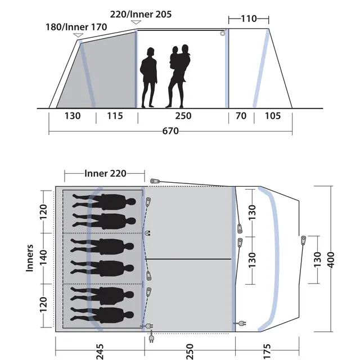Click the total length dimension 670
pyautogui.click(x=170, y=131)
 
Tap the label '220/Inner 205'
pyautogui.click(x=141, y=14)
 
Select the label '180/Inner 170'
pyautogui.click(x=76, y=27)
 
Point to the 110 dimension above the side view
pyautogui.click(x=249, y=19)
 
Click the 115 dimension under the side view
pyautogui.click(x=115, y=116)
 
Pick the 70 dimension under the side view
pyautogui.click(x=241, y=116)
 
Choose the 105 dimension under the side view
pyautogui.click(x=273, y=116)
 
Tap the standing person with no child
pyautogui.click(x=148, y=78)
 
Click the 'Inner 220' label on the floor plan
pyautogui.click(x=105, y=173)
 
